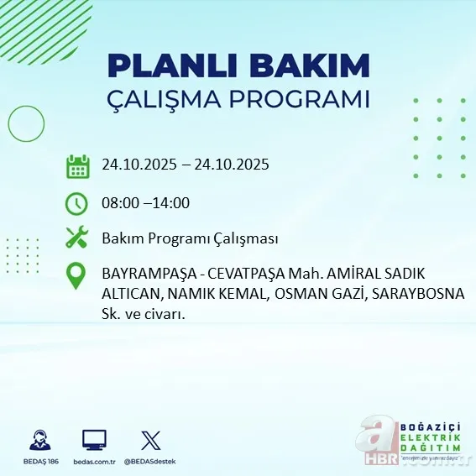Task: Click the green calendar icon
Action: (77, 165)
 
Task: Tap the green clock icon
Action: (77, 203)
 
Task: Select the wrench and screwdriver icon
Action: (77, 239)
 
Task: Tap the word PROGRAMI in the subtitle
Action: (298, 98)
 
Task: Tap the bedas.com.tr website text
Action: (94, 462)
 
